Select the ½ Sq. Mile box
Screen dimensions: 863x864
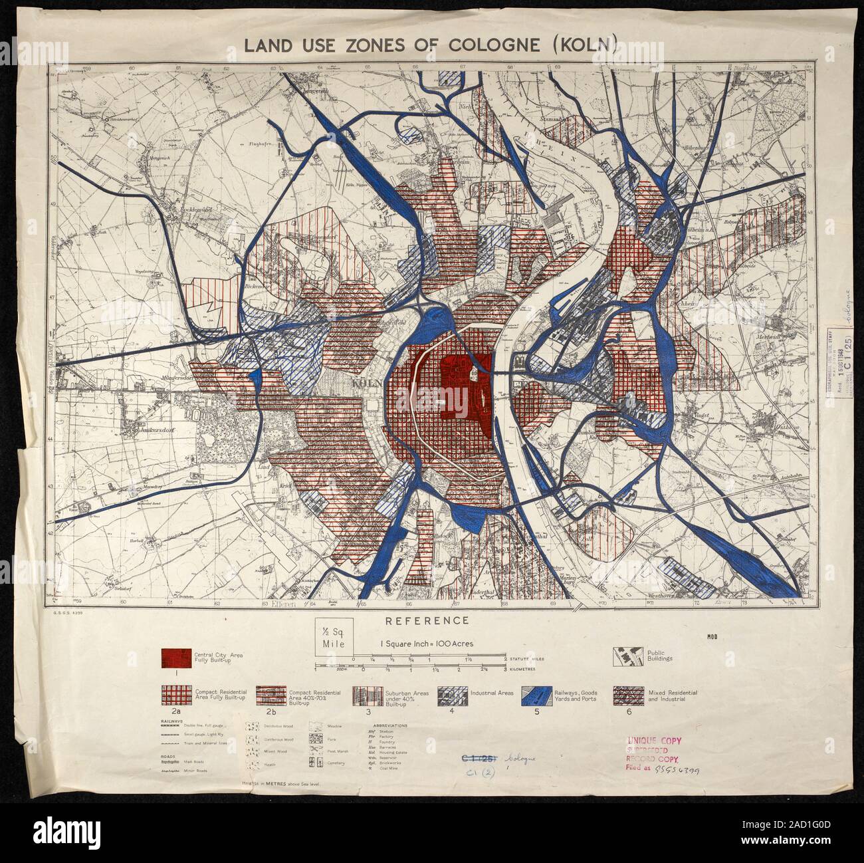335,638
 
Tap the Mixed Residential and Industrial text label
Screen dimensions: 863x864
671,696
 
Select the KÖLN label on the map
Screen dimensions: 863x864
366,384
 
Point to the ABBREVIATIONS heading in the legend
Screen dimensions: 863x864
391,725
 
